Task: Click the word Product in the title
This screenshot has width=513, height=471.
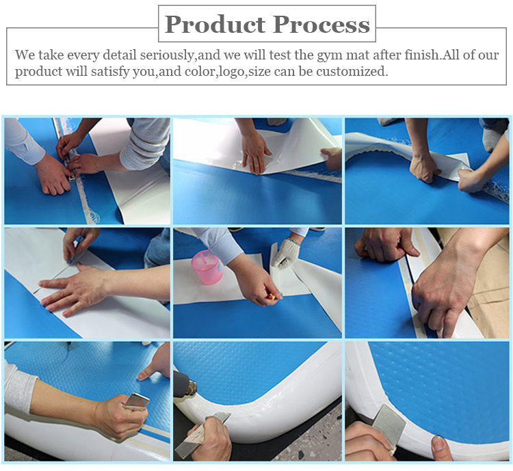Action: [x=215, y=25]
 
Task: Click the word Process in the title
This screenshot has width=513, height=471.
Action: [x=321, y=25]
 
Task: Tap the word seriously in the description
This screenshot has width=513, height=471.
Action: [x=167, y=55]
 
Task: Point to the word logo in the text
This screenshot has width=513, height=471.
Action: [x=231, y=72]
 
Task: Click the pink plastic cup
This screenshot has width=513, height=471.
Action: [x=207, y=267]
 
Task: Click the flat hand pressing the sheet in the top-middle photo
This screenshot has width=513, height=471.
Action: [x=254, y=152]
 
